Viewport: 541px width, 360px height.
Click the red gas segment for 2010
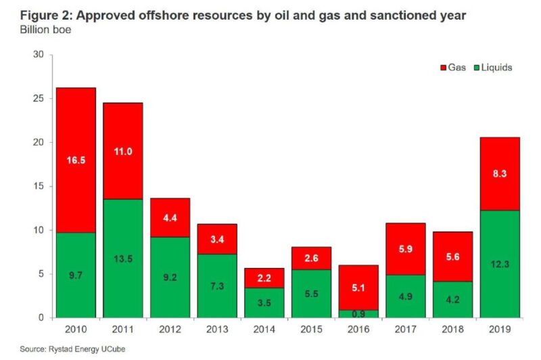[x=76, y=160]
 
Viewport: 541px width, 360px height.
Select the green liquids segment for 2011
[x=122, y=258]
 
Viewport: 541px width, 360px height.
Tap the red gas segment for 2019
[x=500, y=173]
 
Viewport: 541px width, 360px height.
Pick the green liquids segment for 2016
[x=358, y=314]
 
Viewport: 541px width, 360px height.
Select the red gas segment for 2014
[x=264, y=278]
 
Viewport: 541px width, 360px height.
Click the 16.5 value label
[x=76, y=160]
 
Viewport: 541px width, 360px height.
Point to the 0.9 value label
[x=358, y=313]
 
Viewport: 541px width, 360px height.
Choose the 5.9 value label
[x=406, y=248]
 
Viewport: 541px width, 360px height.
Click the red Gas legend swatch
[x=442, y=68]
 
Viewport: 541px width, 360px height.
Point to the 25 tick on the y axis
[x=39, y=99]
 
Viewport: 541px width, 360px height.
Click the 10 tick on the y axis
[x=39, y=230]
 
